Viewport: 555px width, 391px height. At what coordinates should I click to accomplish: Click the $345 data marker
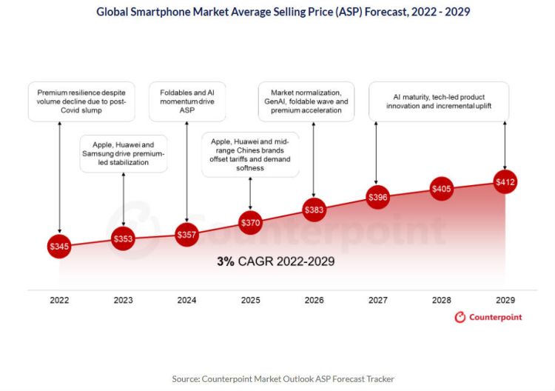tap(59, 245)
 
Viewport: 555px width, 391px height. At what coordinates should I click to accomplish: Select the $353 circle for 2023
tap(123, 238)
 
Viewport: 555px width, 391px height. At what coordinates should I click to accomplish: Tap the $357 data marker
tap(186, 235)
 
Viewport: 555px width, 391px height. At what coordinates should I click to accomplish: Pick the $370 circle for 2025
tap(250, 221)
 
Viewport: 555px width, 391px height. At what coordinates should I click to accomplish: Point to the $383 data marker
tap(314, 210)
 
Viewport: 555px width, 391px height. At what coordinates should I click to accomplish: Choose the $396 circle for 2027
tap(377, 198)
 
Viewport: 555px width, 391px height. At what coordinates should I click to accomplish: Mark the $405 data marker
tap(442, 189)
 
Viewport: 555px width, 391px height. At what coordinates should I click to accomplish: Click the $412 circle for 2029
tap(505, 182)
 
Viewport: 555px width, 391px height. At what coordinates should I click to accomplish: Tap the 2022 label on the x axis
tap(59, 300)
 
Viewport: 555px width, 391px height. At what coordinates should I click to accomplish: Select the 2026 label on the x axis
tap(314, 300)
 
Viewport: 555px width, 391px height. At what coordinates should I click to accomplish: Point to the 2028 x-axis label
tap(442, 300)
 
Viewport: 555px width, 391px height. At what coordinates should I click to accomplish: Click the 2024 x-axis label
tap(186, 300)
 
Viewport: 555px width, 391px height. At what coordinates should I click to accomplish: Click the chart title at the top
tap(283, 12)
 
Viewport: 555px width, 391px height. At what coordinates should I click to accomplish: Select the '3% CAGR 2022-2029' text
tap(275, 261)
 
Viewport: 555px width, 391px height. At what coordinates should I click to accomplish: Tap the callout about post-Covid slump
tap(81, 103)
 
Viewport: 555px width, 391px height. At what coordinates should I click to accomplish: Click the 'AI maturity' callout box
tap(439, 101)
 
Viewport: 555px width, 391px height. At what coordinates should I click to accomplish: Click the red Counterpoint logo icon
tap(460, 317)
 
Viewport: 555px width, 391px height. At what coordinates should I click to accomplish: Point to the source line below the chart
tap(283, 378)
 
